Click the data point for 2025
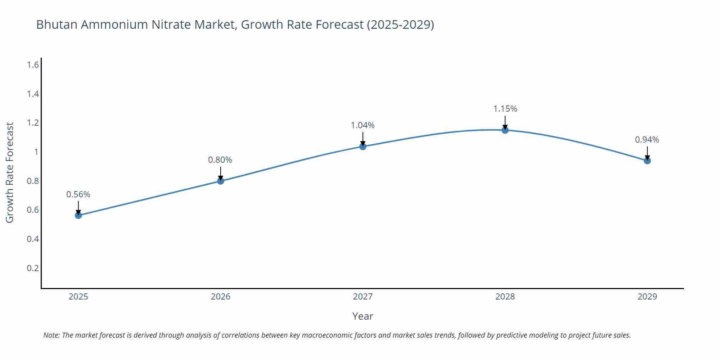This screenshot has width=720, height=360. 78,215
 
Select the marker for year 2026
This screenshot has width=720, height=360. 221,181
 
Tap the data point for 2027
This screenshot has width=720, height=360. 363,146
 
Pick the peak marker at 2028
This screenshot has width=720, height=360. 505,130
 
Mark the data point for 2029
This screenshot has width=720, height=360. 647,161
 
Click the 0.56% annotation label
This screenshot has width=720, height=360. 78,194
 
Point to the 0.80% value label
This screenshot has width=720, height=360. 220,160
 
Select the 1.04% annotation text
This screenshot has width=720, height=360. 363,125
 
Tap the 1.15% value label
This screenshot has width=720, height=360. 505,109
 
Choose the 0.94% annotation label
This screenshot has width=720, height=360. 647,140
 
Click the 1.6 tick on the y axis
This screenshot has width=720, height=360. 33,65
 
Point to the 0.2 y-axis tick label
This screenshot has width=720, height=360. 33,268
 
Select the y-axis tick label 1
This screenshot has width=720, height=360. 36,152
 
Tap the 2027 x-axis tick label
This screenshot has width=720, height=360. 363,297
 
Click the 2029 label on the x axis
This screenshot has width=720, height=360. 647,297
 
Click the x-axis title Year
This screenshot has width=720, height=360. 363,316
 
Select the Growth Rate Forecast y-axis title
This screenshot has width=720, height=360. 10,173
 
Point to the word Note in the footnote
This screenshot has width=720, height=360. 51,335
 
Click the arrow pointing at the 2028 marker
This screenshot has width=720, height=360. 505,122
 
